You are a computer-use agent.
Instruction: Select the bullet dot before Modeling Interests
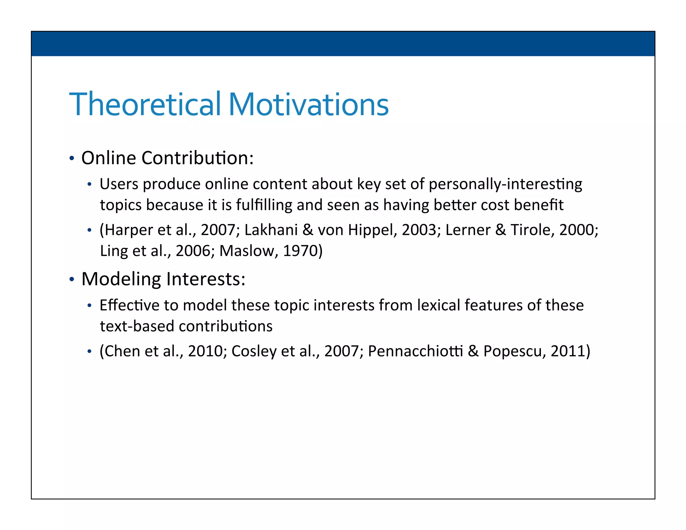click(x=71, y=279)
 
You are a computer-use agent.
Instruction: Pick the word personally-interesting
click(x=505, y=185)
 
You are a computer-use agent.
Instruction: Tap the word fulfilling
click(x=264, y=205)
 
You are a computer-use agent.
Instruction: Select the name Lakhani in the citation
click(x=271, y=230)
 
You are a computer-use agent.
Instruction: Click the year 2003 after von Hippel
click(x=421, y=230)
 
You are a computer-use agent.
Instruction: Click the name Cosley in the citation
click(x=254, y=351)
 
